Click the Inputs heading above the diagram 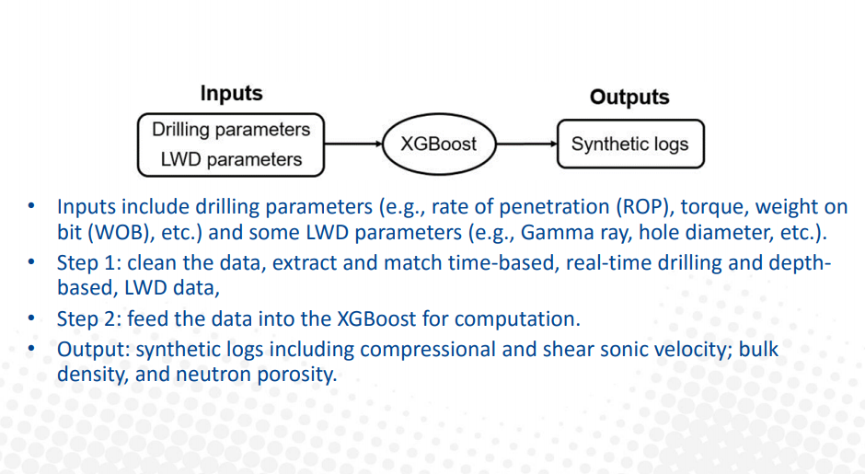tap(231, 93)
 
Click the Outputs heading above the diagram tap(629, 98)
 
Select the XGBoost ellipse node tap(439, 144)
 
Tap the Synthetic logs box tap(630, 144)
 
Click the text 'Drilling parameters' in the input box tap(231, 129)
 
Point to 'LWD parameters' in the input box tap(231, 159)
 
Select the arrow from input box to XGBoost tap(353, 144)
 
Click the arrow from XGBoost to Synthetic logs tap(527, 144)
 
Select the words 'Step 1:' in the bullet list tap(89, 263)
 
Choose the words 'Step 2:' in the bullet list tap(89, 319)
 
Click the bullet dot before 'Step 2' tap(31, 318)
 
